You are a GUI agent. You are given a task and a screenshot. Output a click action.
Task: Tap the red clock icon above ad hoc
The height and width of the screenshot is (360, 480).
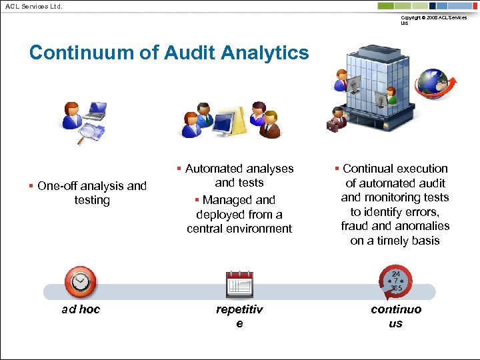click(x=80, y=282)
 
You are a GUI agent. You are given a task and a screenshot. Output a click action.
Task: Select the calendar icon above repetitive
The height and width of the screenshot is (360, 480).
click(x=239, y=285)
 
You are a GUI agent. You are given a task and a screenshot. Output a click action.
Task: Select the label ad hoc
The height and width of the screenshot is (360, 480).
click(x=80, y=309)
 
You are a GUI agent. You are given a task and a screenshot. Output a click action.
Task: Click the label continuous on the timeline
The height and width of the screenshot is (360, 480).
click(x=396, y=316)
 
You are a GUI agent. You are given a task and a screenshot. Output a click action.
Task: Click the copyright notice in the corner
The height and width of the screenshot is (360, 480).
click(x=433, y=20)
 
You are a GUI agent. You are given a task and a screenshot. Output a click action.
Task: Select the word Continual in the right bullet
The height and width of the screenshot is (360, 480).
click(x=367, y=169)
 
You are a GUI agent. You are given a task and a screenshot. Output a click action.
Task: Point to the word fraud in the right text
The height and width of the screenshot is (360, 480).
click(x=354, y=226)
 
